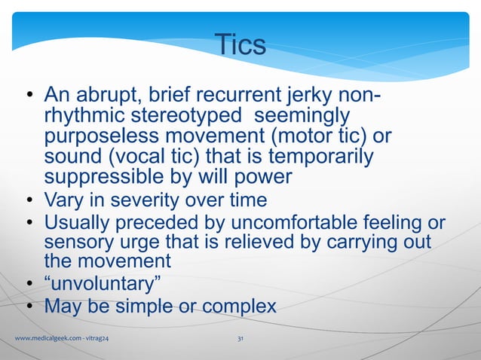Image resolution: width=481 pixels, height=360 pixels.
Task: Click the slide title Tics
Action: (240, 45)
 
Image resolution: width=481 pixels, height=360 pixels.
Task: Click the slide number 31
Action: (240, 341)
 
